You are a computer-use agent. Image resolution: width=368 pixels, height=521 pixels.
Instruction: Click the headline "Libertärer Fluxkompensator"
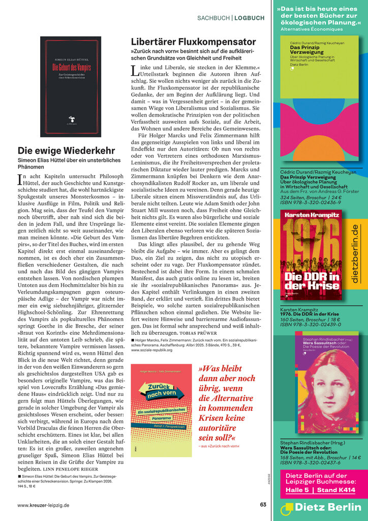[193, 42]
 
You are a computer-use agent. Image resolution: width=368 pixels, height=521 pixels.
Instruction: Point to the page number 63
[263, 505]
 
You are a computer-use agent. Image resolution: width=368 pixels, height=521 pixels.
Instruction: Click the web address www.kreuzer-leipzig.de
[43, 505]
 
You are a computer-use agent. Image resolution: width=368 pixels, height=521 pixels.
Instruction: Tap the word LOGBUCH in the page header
[250, 18]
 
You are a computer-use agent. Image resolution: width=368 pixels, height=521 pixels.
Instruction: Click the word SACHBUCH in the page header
[213, 18]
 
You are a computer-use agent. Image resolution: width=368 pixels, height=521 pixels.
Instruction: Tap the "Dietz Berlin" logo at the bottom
[323, 507]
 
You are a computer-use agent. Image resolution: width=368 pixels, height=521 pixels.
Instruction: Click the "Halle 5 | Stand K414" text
[320, 490]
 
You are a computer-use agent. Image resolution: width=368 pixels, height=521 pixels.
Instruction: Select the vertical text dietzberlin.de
[355, 253]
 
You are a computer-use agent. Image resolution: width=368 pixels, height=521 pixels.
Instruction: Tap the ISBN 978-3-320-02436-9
[311, 202]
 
